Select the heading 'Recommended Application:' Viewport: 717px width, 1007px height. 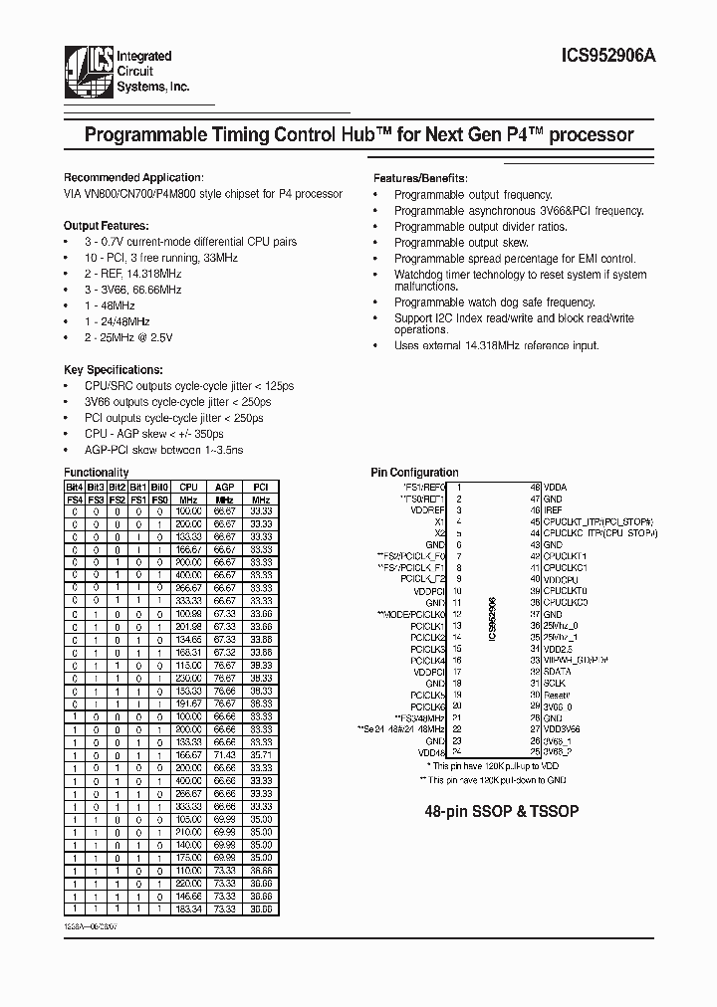pos(133,176)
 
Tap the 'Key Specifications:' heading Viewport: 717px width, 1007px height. pos(113,368)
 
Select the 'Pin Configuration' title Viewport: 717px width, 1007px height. pos(415,473)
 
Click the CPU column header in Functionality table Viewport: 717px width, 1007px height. pos(188,487)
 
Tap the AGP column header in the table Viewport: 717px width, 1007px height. pos(224,487)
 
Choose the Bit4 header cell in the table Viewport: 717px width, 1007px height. pos(74,487)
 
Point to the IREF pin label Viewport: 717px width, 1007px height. pos(555,509)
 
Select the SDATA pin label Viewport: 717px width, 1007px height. pos(558,672)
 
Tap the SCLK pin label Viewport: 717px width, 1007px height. pos(556,683)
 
